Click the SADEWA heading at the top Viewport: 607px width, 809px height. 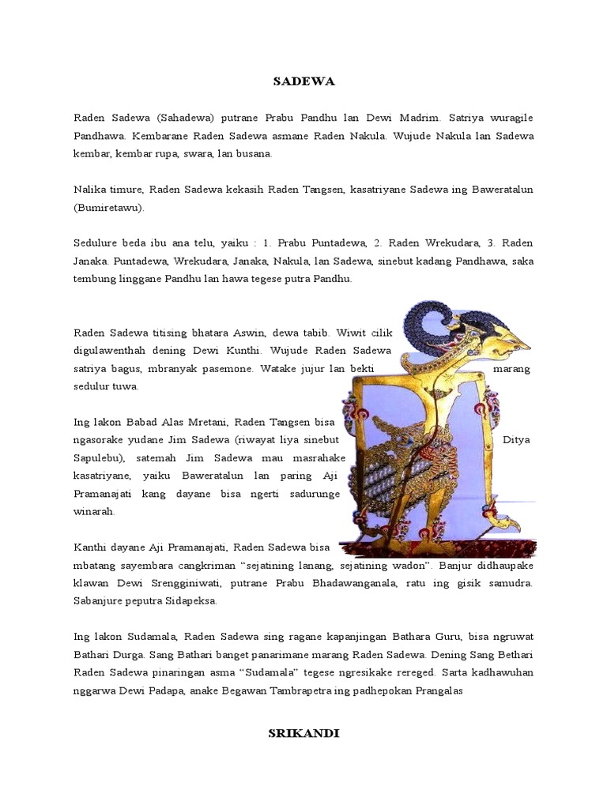pyautogui.click(x=303, y=81)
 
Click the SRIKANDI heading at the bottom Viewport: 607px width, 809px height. pyautogui.click(x=303, y=733)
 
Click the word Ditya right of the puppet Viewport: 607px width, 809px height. pyautogui.click(x=516, y=440)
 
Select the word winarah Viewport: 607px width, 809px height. pyautogui.click(x=94, y=511)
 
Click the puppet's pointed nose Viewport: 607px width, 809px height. pyautogui.click(x=520, y=346)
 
